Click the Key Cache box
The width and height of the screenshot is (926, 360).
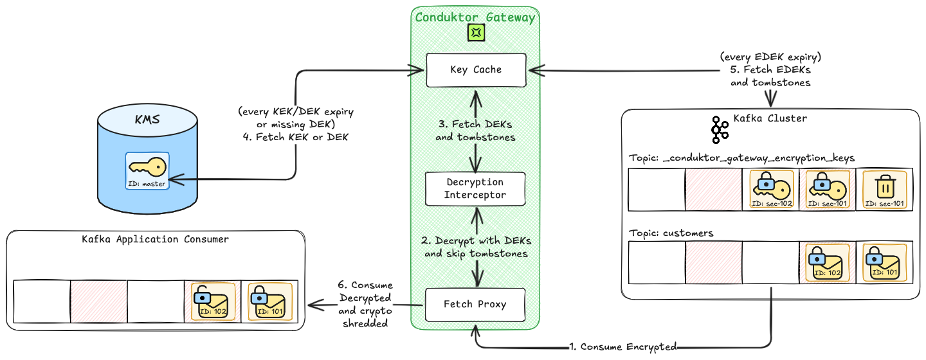[x=475, y=70]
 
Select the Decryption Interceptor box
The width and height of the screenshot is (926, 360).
[x=475, y=188]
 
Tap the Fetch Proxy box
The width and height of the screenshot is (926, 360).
[x=475, y=304]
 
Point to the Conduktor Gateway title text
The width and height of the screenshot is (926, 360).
[x=475, y=17]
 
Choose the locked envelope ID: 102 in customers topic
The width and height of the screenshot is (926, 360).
[x=827, y=262]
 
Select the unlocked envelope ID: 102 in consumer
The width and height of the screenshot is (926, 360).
[x=213, y=301]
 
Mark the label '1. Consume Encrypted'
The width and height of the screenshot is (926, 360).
[x=623, y=346]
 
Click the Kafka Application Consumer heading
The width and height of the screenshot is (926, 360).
[x=155, y=239]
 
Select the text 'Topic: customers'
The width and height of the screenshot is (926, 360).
[x=671, y=233]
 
